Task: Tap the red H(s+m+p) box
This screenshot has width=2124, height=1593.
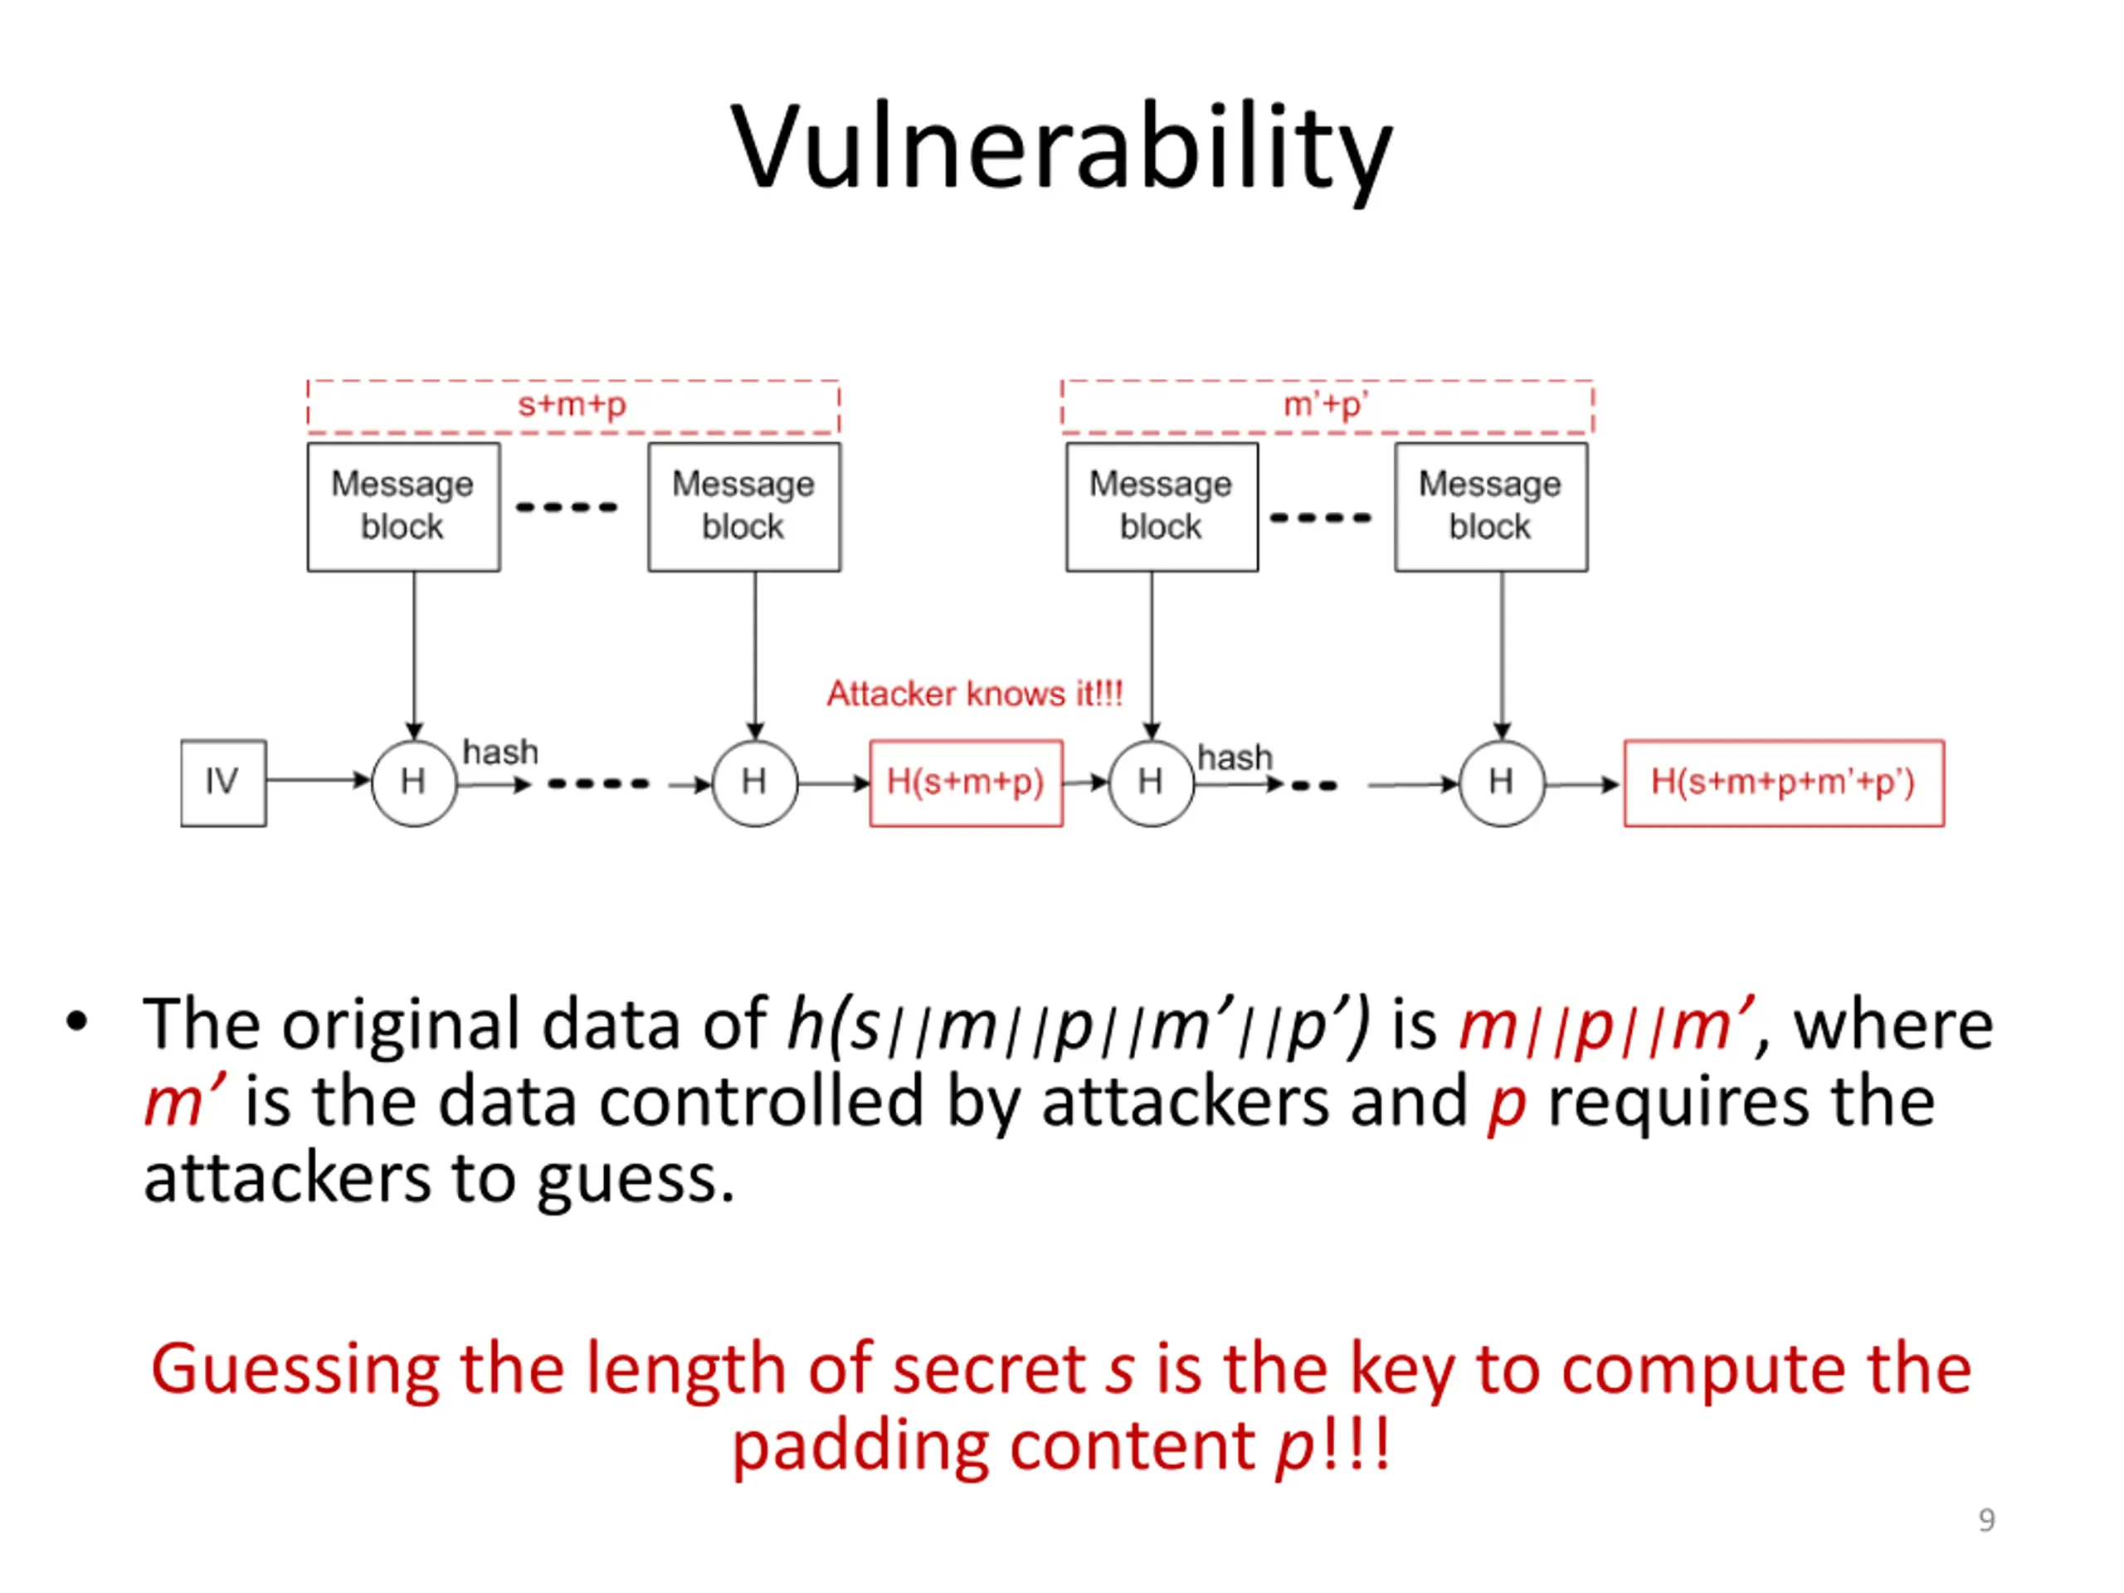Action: click(x=966, y=782)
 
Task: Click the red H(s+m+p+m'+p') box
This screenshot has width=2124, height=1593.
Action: click(x=1784, y=782)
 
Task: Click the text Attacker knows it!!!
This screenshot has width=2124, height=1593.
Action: click(x=975, y=694)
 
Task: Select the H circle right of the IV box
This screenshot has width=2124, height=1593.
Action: click(x=414, y=782)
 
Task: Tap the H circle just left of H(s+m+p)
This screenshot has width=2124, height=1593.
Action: click(x=755, y=782)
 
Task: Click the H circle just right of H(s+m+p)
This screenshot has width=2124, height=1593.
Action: click(x=1152, y=782)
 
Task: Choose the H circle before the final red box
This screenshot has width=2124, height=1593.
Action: click(x=1502, y=782)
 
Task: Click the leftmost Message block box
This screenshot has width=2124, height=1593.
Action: click(x=404, y=507)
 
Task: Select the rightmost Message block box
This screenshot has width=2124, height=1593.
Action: click(x=1491, y=507)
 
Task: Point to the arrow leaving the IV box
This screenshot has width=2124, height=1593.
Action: click(x=319, y=780)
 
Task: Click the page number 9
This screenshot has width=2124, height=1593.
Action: click(x=1987, y=1520)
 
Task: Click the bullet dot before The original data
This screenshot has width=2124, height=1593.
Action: click(x=77, y=1024)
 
